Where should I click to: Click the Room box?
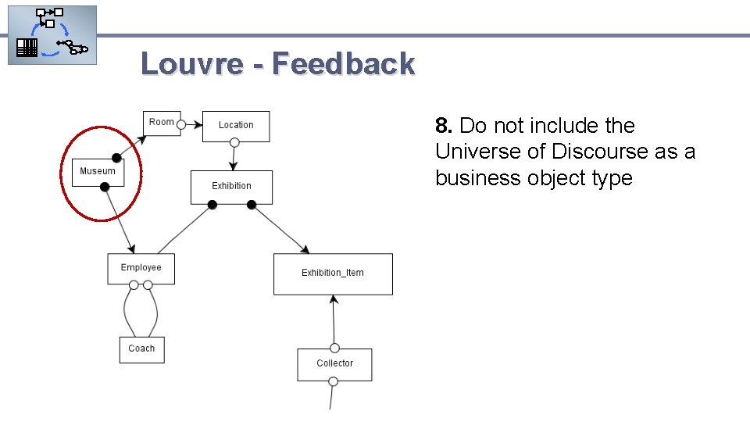[x=162, y=123]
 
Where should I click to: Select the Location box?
[x=235, y=126]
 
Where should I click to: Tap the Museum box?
[x=98, y=171]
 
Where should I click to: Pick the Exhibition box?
[x=231, y=187]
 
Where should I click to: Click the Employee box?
[x=141, y=268]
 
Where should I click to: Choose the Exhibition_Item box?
[x=333, y=274]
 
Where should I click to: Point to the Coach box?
[x=141, y=349]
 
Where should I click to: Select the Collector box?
[x=334, y=364]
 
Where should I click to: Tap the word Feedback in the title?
[x=344, y=64]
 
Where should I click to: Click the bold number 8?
[x=443, y=126]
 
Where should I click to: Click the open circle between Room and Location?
[x=180, y=123]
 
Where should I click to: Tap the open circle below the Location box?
[x=234, y=142]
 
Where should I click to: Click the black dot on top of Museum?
[x=116, y=157]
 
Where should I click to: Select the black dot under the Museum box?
[x=105, y=186]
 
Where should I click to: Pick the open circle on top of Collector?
[x=334, y=348]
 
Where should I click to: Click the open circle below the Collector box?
[x=333, y=381]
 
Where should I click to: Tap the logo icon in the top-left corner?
[x=52, y=35]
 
